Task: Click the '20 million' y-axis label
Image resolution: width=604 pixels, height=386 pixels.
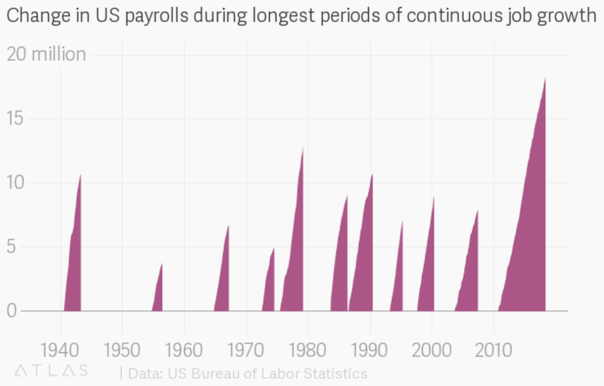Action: [x=46, y=54]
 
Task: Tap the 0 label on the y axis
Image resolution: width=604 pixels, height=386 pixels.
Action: [x=13, y=311]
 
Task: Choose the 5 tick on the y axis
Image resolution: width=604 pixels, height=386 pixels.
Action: [x=13, y=247]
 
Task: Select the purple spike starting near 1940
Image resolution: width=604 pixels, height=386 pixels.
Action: [x=74, y=269]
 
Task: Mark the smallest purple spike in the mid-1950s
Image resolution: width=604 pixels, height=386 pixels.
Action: [x=158, y=295]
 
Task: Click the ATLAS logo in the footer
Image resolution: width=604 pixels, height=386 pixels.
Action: [x=51, y=370]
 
